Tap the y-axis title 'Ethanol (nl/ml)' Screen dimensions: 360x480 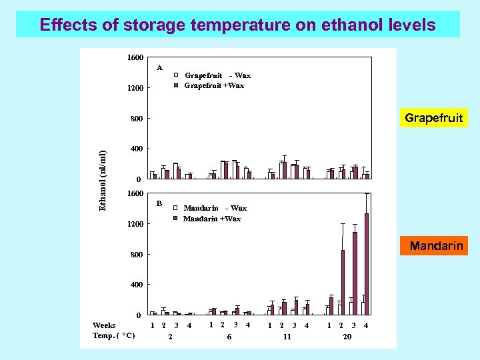pos(103,181)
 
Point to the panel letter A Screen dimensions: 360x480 pos(159,67)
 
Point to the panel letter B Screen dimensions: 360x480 pos(159,203)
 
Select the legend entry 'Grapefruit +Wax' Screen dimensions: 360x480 pos(213,85)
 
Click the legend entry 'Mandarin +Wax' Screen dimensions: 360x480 pos(211,219)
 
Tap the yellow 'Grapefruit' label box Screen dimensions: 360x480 pos(433,118)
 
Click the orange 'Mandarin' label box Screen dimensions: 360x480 pos(436,246)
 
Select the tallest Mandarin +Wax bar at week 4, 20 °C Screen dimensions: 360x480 pos(367,263)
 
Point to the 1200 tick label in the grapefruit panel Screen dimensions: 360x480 pos(136,88)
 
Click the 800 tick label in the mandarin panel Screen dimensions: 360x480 pos(136,255)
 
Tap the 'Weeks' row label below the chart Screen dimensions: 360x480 pos(104,325)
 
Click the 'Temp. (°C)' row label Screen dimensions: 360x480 pos(114,336)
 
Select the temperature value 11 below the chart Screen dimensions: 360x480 pos(287,337)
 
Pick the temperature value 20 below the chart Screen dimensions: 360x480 pos(347,337)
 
